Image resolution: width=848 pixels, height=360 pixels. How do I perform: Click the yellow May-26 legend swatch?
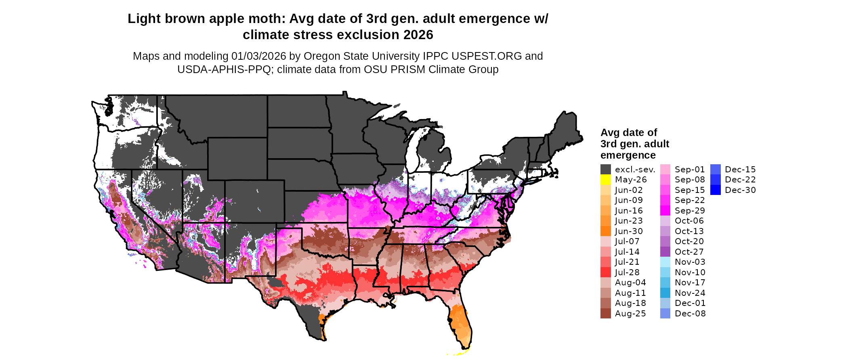[605, 180]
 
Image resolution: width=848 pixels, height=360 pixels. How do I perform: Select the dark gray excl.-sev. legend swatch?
[605, 170]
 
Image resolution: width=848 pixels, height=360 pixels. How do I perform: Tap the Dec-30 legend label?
[740, 190]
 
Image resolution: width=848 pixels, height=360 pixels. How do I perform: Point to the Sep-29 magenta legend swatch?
[665, 211]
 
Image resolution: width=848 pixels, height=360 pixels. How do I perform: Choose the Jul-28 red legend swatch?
[605, 272]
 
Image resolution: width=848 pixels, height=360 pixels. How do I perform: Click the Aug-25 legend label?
[630, 314]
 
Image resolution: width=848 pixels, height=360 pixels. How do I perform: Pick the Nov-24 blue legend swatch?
[665, 293]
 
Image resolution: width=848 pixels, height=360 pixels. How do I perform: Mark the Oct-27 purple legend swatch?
[665, 252]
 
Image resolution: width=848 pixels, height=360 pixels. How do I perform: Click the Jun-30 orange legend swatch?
[605, 231]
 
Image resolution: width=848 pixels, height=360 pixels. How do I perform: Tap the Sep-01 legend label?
[690, 170]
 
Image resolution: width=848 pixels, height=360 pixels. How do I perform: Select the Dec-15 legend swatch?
[715, 170]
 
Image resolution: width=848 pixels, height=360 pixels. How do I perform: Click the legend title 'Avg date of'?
[628, 133]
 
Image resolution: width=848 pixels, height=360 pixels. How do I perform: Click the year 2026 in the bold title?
[418, 35]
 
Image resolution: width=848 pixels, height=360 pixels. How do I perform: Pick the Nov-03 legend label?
[690, 262]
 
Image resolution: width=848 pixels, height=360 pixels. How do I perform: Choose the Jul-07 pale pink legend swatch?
[605, 241]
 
